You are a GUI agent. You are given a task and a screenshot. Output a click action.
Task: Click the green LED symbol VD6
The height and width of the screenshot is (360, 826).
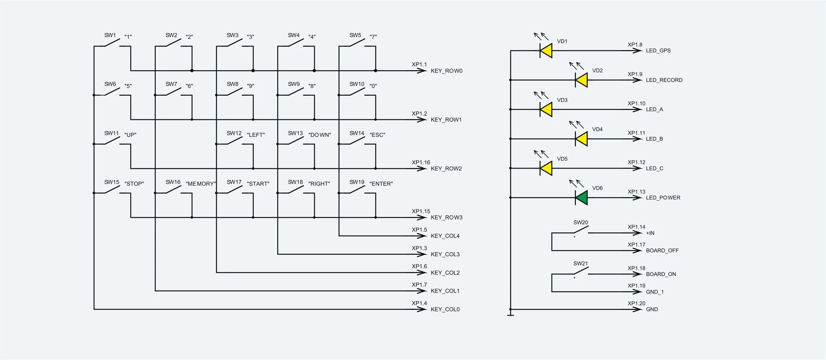pos(581,198)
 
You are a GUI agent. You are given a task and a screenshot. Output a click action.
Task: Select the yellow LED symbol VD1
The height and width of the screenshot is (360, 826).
pos(546,51)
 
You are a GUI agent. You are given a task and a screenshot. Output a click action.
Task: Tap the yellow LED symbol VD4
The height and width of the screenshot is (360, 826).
pos(581,139)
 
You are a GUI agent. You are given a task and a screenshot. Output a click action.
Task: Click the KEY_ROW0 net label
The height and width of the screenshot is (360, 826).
pos(447,71)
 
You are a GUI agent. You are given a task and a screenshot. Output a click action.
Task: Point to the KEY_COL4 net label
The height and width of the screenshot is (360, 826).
pos(445,236)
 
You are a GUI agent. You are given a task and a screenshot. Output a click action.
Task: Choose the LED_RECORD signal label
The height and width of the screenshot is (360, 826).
pos(664,80)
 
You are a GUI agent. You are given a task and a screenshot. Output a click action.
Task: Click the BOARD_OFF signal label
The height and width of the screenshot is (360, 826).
pos(662,251)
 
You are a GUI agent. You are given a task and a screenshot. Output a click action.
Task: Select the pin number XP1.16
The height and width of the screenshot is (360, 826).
pos(421,163)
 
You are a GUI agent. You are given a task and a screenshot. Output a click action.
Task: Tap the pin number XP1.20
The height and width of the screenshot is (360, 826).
pos(636,303)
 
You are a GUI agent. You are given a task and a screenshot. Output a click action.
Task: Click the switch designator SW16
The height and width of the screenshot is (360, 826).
pos(173,182)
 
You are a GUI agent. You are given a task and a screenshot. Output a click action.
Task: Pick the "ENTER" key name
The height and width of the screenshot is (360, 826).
pos(381,184)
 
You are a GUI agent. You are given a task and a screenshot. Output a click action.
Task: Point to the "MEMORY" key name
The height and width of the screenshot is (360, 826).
pos(201,184)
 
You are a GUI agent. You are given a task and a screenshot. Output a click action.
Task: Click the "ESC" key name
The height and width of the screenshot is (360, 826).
pos(377,135)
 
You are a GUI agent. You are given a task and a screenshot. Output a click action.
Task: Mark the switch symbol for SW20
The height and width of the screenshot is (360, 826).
pos(580,230)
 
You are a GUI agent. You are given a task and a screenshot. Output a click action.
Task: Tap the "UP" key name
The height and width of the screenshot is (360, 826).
pos(130,135)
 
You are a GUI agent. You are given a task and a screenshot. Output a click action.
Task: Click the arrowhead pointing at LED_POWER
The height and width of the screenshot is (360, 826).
pos(638,198)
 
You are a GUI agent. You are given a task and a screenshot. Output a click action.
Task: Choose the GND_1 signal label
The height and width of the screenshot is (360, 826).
pos(655,292)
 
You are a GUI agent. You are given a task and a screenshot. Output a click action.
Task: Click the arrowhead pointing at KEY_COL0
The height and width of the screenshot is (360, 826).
pos(422,310)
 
